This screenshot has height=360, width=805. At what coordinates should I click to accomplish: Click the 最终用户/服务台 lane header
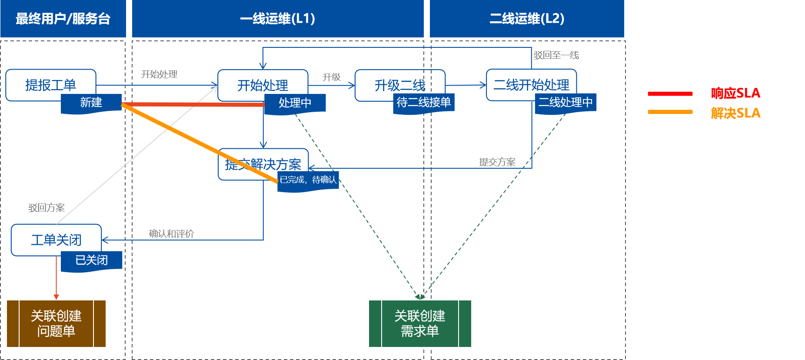(x=63, y=19)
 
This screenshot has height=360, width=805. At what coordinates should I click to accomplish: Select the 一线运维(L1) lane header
(x=278, y=19)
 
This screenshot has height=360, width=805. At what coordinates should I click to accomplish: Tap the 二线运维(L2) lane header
(x=527, y=19)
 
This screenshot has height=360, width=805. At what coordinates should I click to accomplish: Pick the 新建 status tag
(x=91, y=103)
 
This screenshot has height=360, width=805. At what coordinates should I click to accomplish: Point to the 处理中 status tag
(x=295, y=103)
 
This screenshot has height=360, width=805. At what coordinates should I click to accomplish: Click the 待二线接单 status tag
(x=423, y=103)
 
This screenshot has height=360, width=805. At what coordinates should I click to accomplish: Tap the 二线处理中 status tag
(x=565, y=103)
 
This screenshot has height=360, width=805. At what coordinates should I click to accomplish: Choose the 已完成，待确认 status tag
(x=308, y=180)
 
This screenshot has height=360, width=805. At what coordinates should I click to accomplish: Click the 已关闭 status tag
(x=91, y=260)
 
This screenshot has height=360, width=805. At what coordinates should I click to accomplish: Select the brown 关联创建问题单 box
(x=56, y=323)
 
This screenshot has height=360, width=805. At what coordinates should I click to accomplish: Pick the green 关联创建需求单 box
(x=420, y=323)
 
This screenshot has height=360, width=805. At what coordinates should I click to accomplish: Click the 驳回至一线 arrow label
(x=556, y=55)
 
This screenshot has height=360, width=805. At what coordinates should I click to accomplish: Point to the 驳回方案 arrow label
(x=47, y=208)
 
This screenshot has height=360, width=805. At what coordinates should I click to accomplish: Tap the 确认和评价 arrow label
(x=171, y=234)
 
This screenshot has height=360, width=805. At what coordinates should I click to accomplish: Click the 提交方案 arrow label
(x=497, y=162)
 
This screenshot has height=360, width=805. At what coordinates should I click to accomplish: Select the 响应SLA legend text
(x=735, y=93)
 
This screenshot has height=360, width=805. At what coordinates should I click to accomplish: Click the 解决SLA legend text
(x=735, y=113)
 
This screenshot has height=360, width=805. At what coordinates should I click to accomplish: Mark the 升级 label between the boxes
(x=331, y=77)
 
